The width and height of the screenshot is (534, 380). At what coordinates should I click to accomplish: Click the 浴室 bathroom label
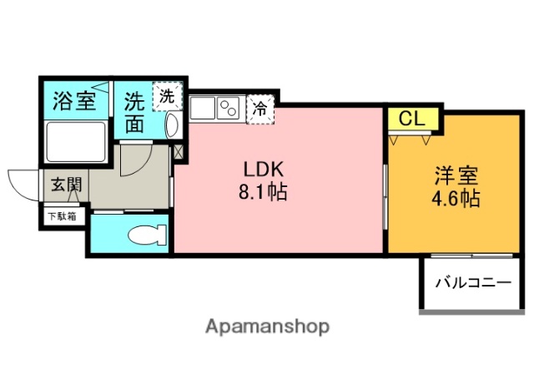73,102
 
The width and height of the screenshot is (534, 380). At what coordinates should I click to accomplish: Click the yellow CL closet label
409,119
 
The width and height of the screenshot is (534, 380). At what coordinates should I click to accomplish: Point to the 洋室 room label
455,176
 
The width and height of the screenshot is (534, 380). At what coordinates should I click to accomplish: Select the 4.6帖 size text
455,200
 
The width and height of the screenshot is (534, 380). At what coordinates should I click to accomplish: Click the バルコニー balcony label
472,283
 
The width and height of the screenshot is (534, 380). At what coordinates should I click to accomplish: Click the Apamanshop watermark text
266,327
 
